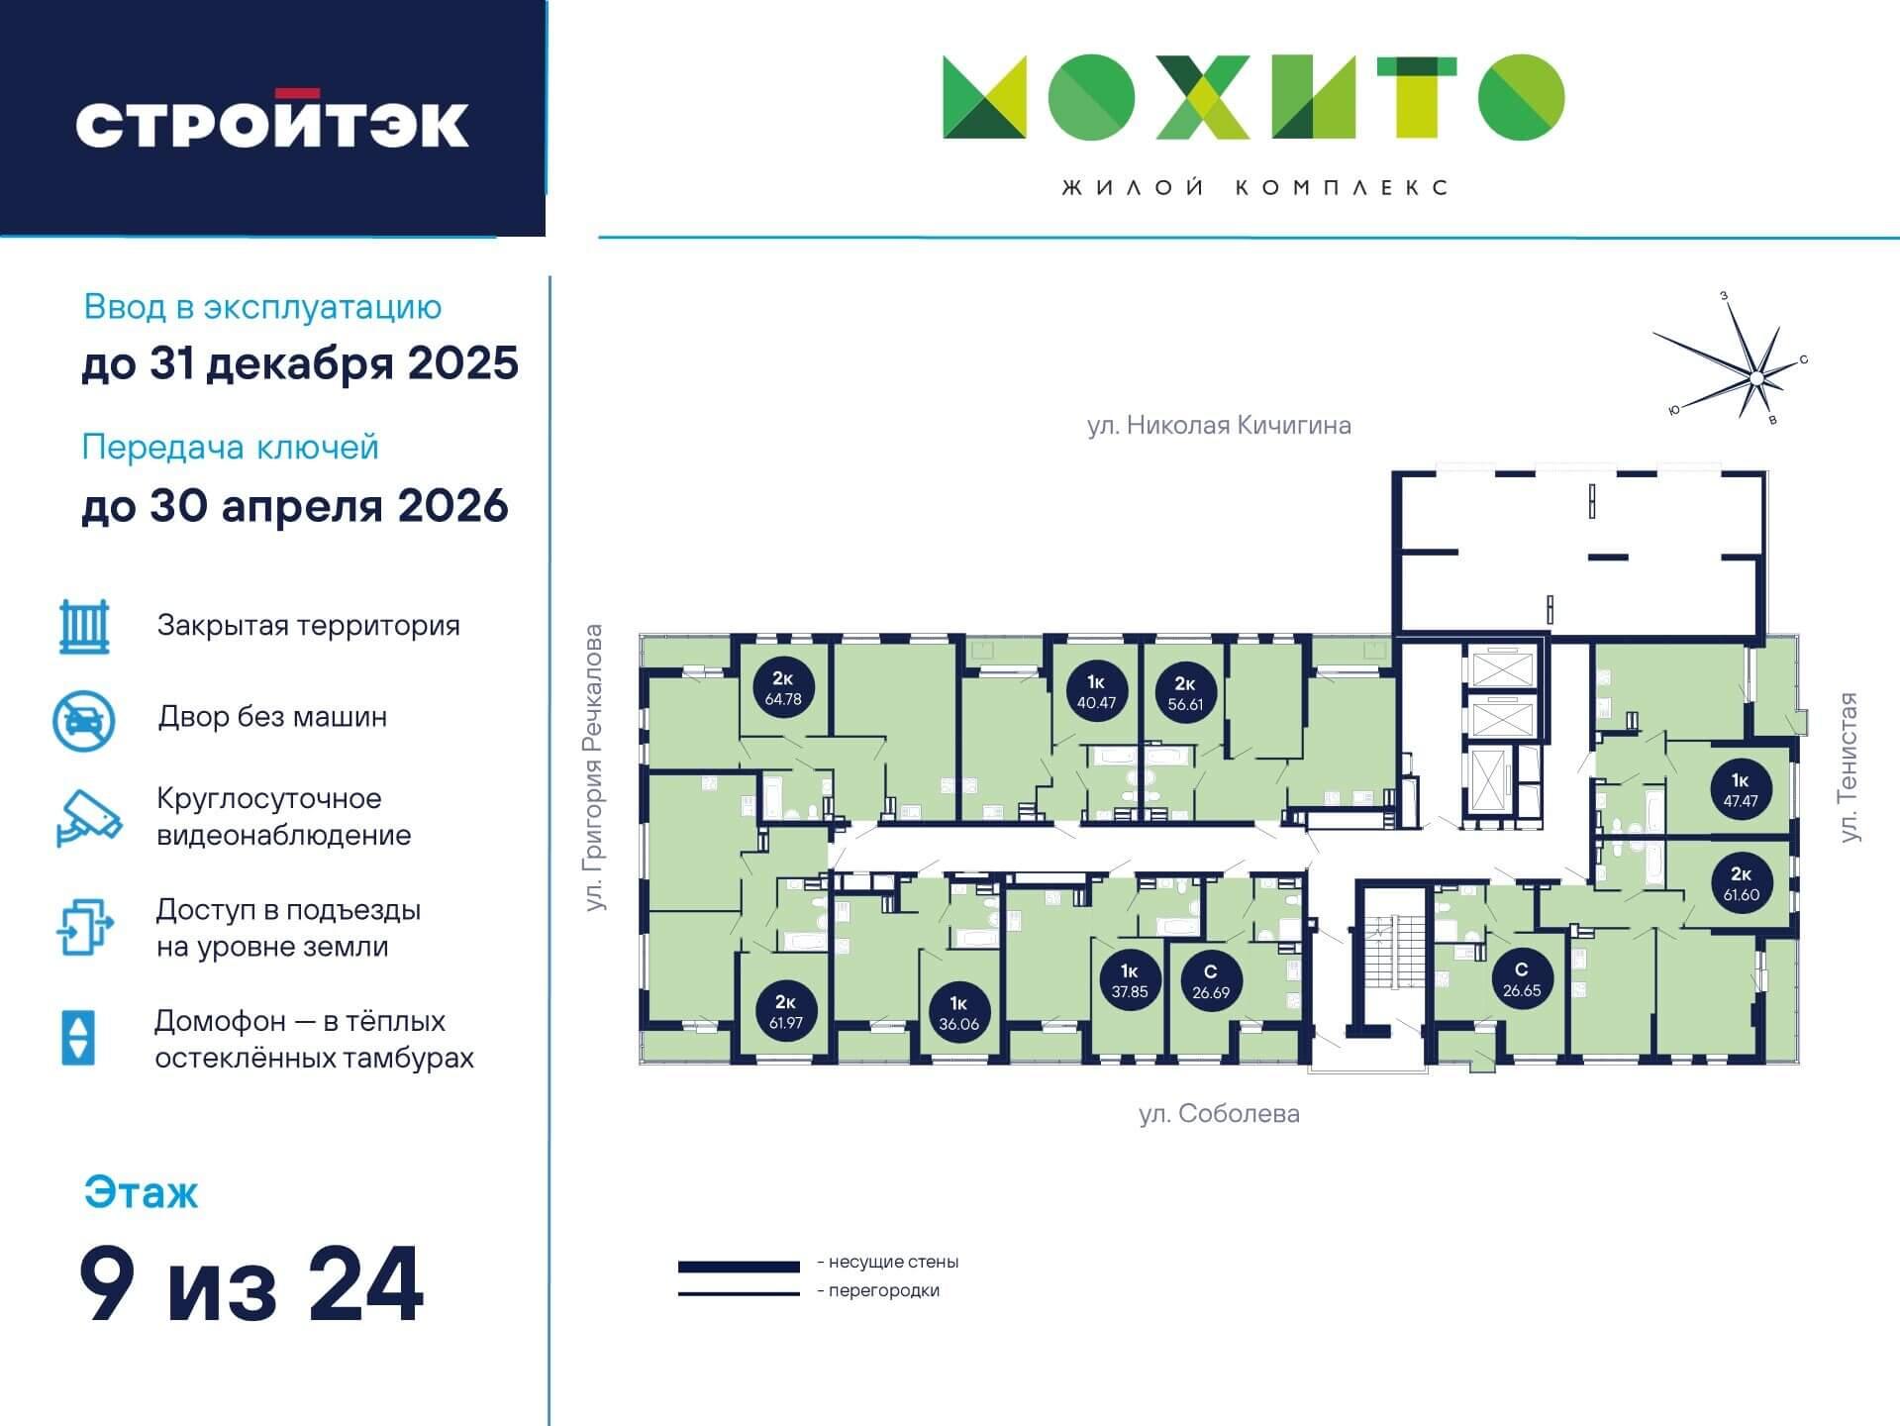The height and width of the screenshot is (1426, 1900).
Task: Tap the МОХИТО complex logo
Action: tap(1253, 97)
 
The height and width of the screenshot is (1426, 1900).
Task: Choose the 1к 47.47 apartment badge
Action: tap(1741, 790)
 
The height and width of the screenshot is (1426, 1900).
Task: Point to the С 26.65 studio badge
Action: tap(1522, 979)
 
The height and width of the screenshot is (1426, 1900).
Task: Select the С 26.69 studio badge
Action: tap(1211, 981)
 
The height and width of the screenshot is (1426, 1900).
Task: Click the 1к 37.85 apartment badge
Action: tap(1130, 980)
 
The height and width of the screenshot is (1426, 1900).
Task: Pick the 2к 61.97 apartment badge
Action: tap(786, 1012)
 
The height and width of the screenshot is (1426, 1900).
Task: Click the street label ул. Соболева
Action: tap(1219, 1114)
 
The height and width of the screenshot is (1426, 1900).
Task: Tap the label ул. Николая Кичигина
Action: tap(1219, 426)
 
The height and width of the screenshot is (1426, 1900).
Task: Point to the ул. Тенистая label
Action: tap(1848, 767)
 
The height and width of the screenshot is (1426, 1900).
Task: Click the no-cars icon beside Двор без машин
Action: tap(84, 720)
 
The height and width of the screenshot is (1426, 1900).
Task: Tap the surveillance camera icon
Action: tap(89, 817)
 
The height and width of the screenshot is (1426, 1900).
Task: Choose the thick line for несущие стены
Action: tap(739, 1267)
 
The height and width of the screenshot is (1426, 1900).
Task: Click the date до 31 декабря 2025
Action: tap(300, 363)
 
